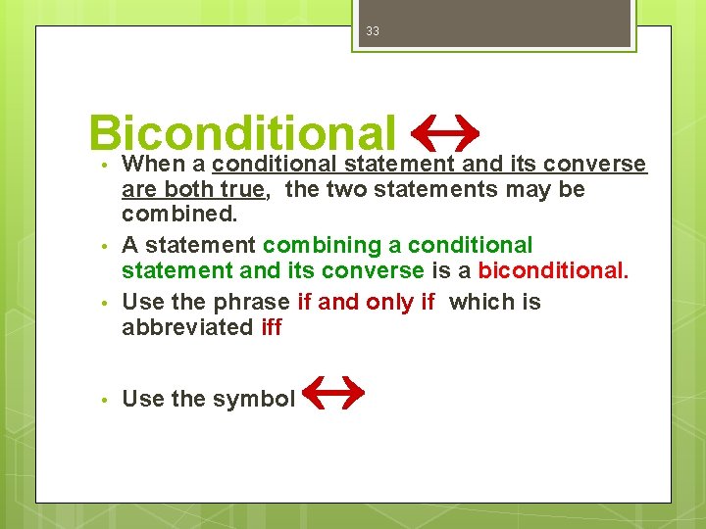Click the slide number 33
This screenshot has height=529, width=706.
(x=372, y=31)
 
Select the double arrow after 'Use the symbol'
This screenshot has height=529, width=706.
(x=333, y=394)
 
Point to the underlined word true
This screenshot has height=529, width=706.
(x=242, y=189)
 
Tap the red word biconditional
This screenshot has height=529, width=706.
(x=552, y=269)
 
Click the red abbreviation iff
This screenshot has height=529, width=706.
(x=272, y=327)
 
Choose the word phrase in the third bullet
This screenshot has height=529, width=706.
(x=254, y=303)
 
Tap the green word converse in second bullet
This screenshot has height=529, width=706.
(x=374, y=269)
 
